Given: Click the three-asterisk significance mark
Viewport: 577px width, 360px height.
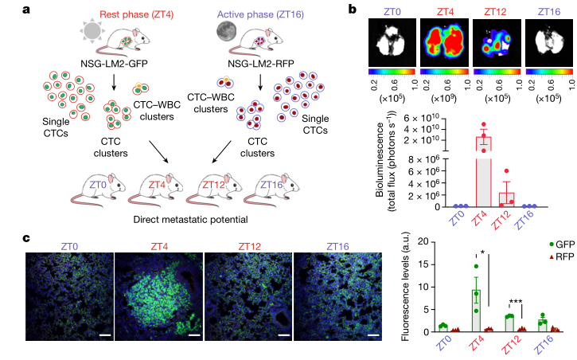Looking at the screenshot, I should point(515,303).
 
